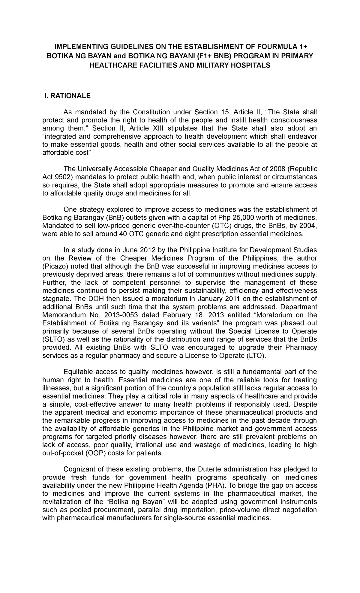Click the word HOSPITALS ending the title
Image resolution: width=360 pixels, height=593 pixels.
[x=241, y=65]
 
